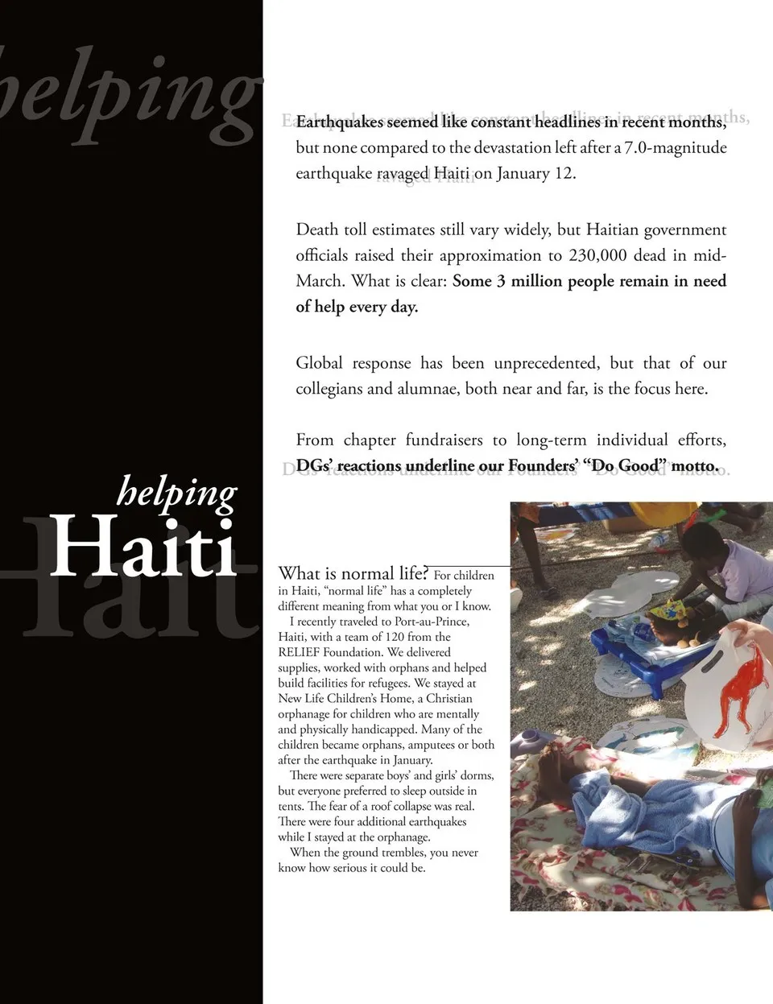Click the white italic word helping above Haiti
177,490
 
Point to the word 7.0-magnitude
676,147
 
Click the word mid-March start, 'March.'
320,281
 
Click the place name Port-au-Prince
432,622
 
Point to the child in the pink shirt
738,568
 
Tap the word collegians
329,389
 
